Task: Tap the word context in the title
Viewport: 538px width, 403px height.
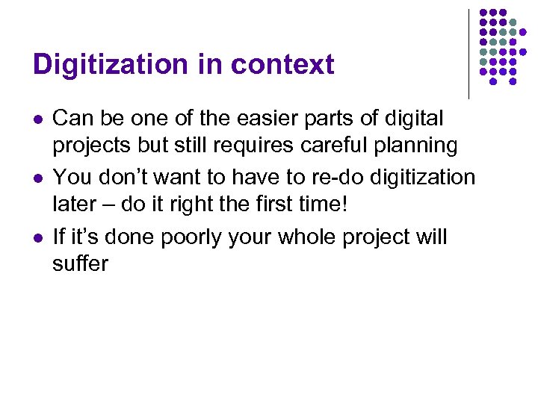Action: (x=282, y=65)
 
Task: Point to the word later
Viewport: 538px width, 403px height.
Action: (x=75, y=204)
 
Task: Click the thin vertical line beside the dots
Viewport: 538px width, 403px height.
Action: (x=469, y=54)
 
